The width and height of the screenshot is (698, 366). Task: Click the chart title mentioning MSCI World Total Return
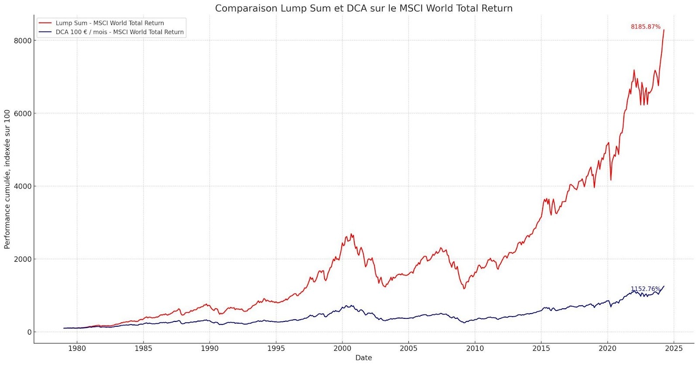point(363,8)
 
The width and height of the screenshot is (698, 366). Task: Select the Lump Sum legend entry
point(109,23)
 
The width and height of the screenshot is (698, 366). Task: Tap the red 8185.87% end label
point(645,27)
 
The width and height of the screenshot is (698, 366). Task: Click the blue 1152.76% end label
point(645,289)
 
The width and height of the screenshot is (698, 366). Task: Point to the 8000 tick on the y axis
point(23,41)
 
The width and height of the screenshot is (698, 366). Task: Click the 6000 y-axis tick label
point(23,114)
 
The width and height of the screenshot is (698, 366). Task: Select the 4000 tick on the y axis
point(23,186)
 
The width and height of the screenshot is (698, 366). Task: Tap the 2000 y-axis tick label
point(23,259)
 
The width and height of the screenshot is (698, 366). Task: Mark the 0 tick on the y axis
point(29,332)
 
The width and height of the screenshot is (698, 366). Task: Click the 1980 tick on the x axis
point(77,348)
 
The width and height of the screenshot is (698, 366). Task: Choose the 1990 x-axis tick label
point(209,348)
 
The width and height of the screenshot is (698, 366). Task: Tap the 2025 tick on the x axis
point(674,348)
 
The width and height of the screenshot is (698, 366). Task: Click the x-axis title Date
point(363,358)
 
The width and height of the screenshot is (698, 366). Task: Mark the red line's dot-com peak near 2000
point(351,234)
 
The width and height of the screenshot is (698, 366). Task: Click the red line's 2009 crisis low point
point(464,288)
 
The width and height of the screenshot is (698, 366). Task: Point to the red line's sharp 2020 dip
point(611,180)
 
